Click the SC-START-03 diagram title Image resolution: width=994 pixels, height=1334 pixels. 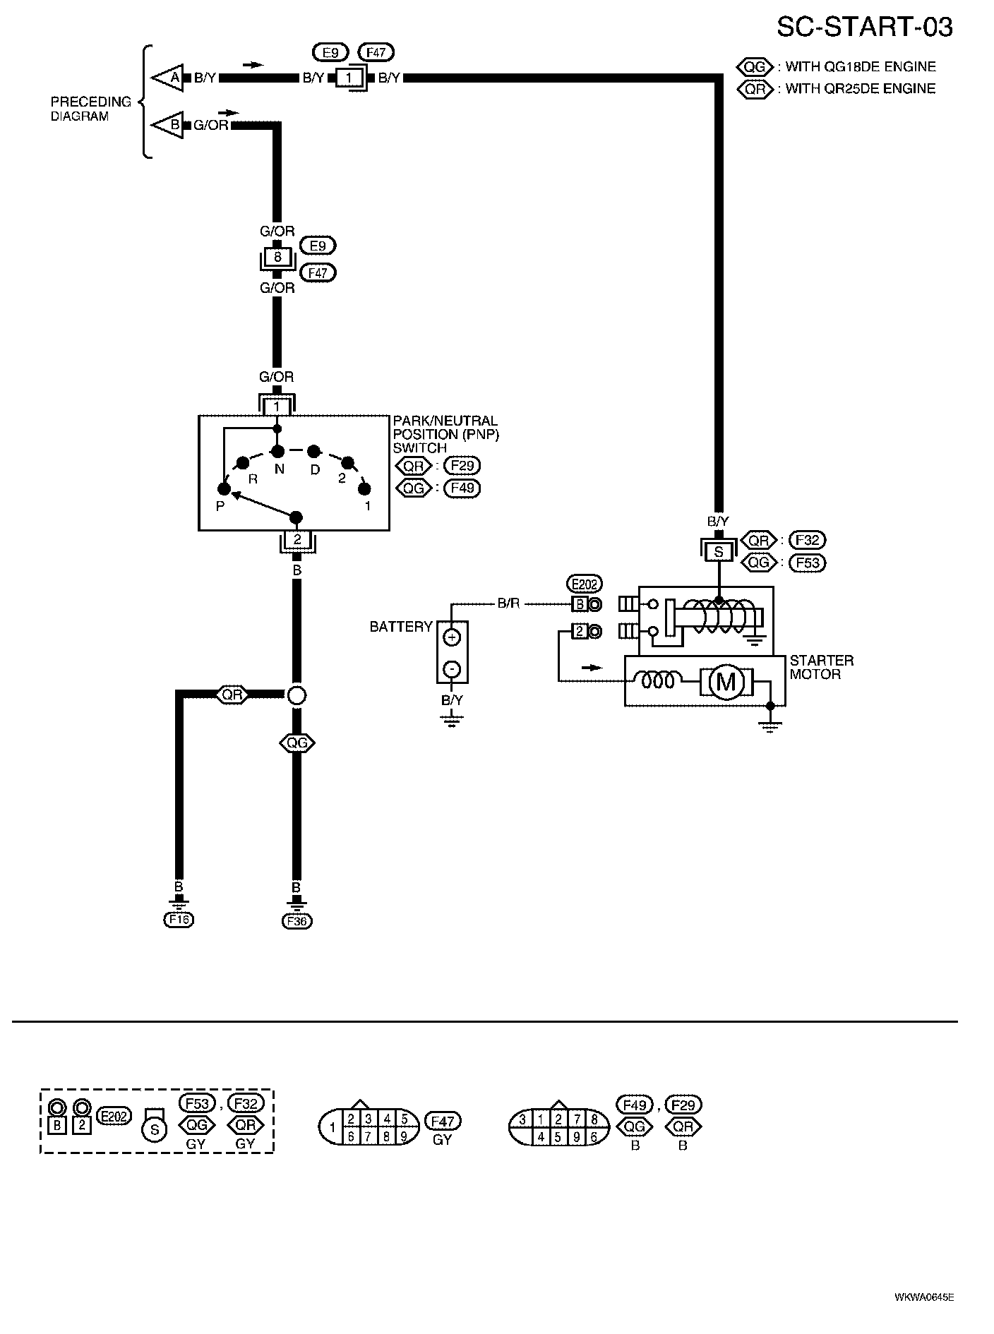click(864, 27)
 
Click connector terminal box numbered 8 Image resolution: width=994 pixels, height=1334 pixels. click(277, 258)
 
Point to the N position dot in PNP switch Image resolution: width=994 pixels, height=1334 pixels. click(278, 451)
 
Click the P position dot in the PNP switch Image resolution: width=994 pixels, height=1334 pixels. click(224, 488)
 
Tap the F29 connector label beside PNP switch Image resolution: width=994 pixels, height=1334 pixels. click(462, 466)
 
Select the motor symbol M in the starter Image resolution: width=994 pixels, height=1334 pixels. click(726, 682)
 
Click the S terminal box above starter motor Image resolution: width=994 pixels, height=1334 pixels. click(719, 551)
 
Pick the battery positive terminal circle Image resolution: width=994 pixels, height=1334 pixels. click(452, 637)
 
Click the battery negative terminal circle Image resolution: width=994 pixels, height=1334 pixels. click(452, 668)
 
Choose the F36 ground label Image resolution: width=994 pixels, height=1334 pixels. click(297, 920)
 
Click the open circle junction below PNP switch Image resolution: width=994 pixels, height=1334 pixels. click(297, 695)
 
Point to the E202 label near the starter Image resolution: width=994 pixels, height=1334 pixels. click(585, 584)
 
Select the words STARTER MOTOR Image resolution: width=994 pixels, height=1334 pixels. click(821, 667)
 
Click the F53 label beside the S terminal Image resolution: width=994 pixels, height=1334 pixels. click(807, 563)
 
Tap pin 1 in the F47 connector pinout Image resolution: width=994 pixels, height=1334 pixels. click(332, 1127)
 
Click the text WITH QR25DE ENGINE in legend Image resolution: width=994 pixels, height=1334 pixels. click(861, 89)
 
